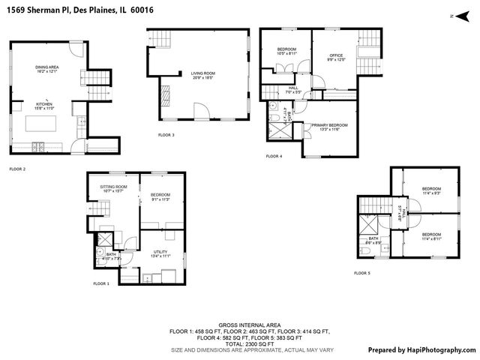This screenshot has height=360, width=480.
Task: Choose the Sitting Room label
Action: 114,188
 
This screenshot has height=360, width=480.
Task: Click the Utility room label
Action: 160,253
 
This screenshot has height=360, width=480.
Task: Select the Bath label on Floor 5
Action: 373,241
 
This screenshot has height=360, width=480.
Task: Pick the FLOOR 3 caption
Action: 166,134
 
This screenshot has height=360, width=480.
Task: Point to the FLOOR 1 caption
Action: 101,283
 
